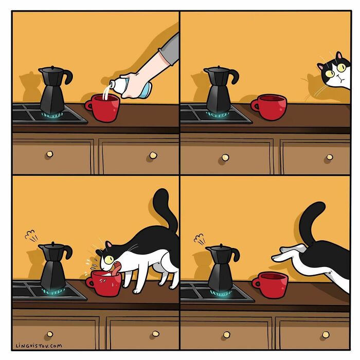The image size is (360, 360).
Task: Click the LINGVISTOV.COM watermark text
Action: point(39,345)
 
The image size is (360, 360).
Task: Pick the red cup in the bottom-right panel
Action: point(271,285)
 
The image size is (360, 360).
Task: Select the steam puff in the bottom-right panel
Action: point(199,238)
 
